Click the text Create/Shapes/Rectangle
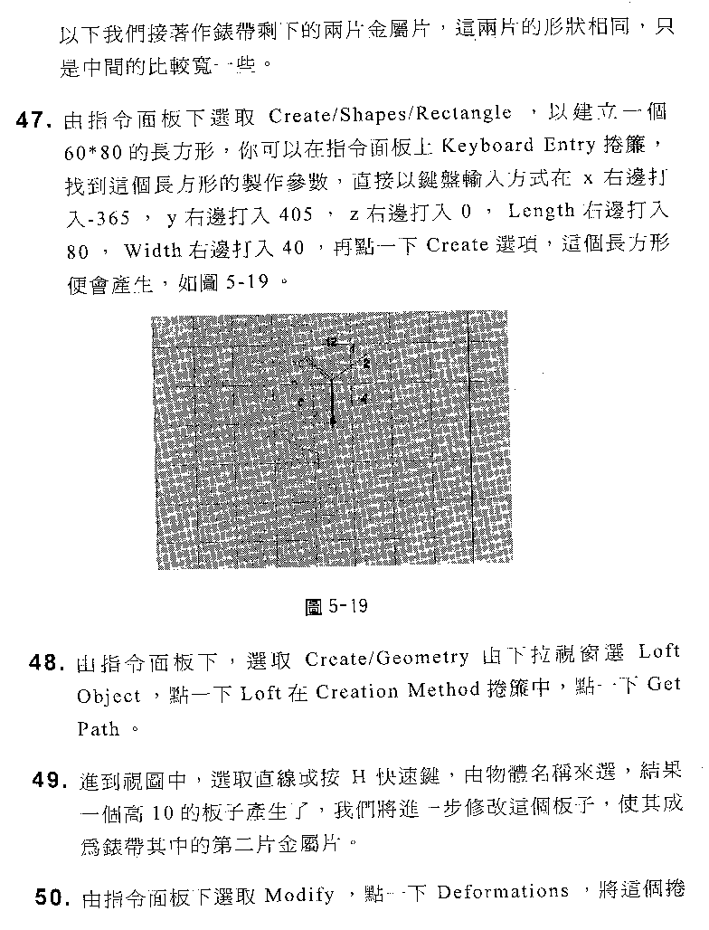pos(390,115)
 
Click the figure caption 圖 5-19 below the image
pos(336,606)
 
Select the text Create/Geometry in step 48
pos(386,658)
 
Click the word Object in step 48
pos(108,696)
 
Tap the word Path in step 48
pos(98,729)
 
